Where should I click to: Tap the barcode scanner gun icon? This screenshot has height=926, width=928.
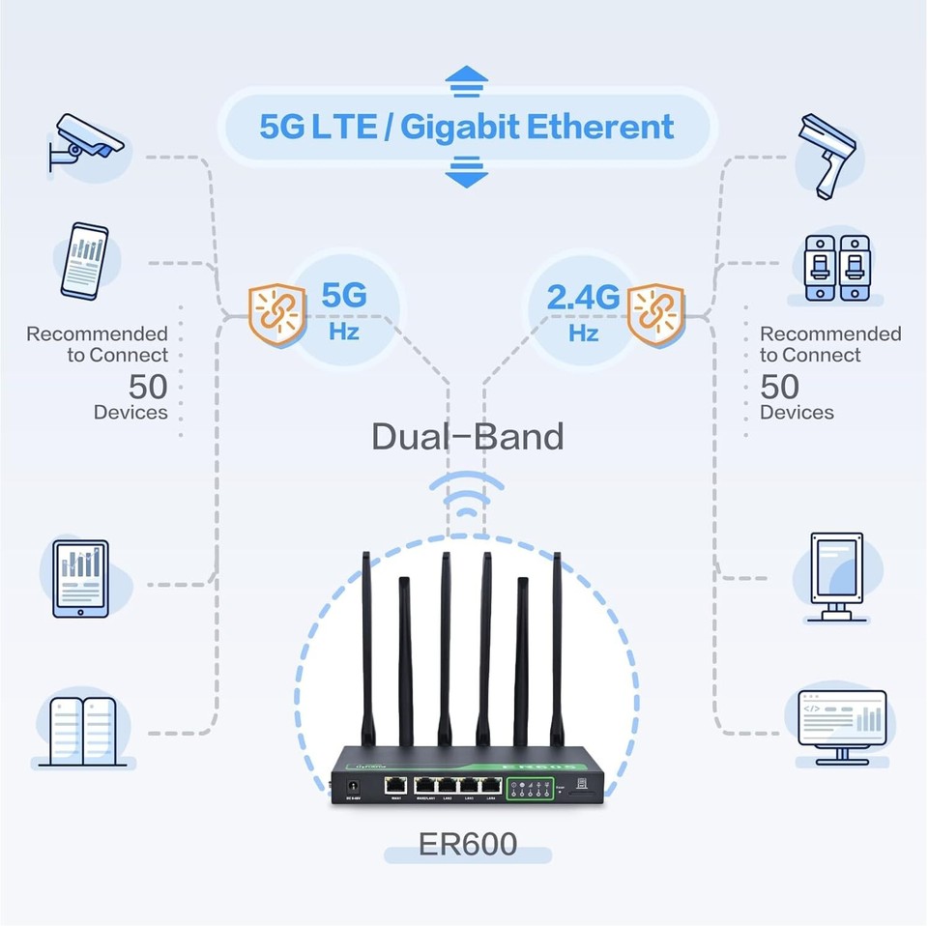[x=828, y=155]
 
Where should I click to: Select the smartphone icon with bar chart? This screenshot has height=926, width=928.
[x=84, y=261]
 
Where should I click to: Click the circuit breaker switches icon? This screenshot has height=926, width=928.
[x=837, y=268]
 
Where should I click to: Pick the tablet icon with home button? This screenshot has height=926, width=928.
[x=81, y=578]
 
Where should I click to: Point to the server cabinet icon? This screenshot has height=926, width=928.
[x=84, y=732]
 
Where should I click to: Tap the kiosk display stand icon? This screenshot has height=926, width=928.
[x=836, y=576]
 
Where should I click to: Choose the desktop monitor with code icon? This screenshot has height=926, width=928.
[x=841, y=725]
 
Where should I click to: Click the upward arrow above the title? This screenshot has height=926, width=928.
[x=467, y=76]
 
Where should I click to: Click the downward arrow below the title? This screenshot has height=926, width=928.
[x=467, y=174]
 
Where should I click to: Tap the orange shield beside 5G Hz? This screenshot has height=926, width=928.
[x=276, y=314]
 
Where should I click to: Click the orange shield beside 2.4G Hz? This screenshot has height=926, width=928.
[x=655, y=314]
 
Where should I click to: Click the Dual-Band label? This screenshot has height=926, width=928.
[x=467, y=436]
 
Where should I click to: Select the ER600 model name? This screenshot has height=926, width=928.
[x=467, y=844]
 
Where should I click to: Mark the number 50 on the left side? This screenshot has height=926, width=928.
[x=148, y=388]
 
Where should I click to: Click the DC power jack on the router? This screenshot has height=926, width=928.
[x=353, y=787]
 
